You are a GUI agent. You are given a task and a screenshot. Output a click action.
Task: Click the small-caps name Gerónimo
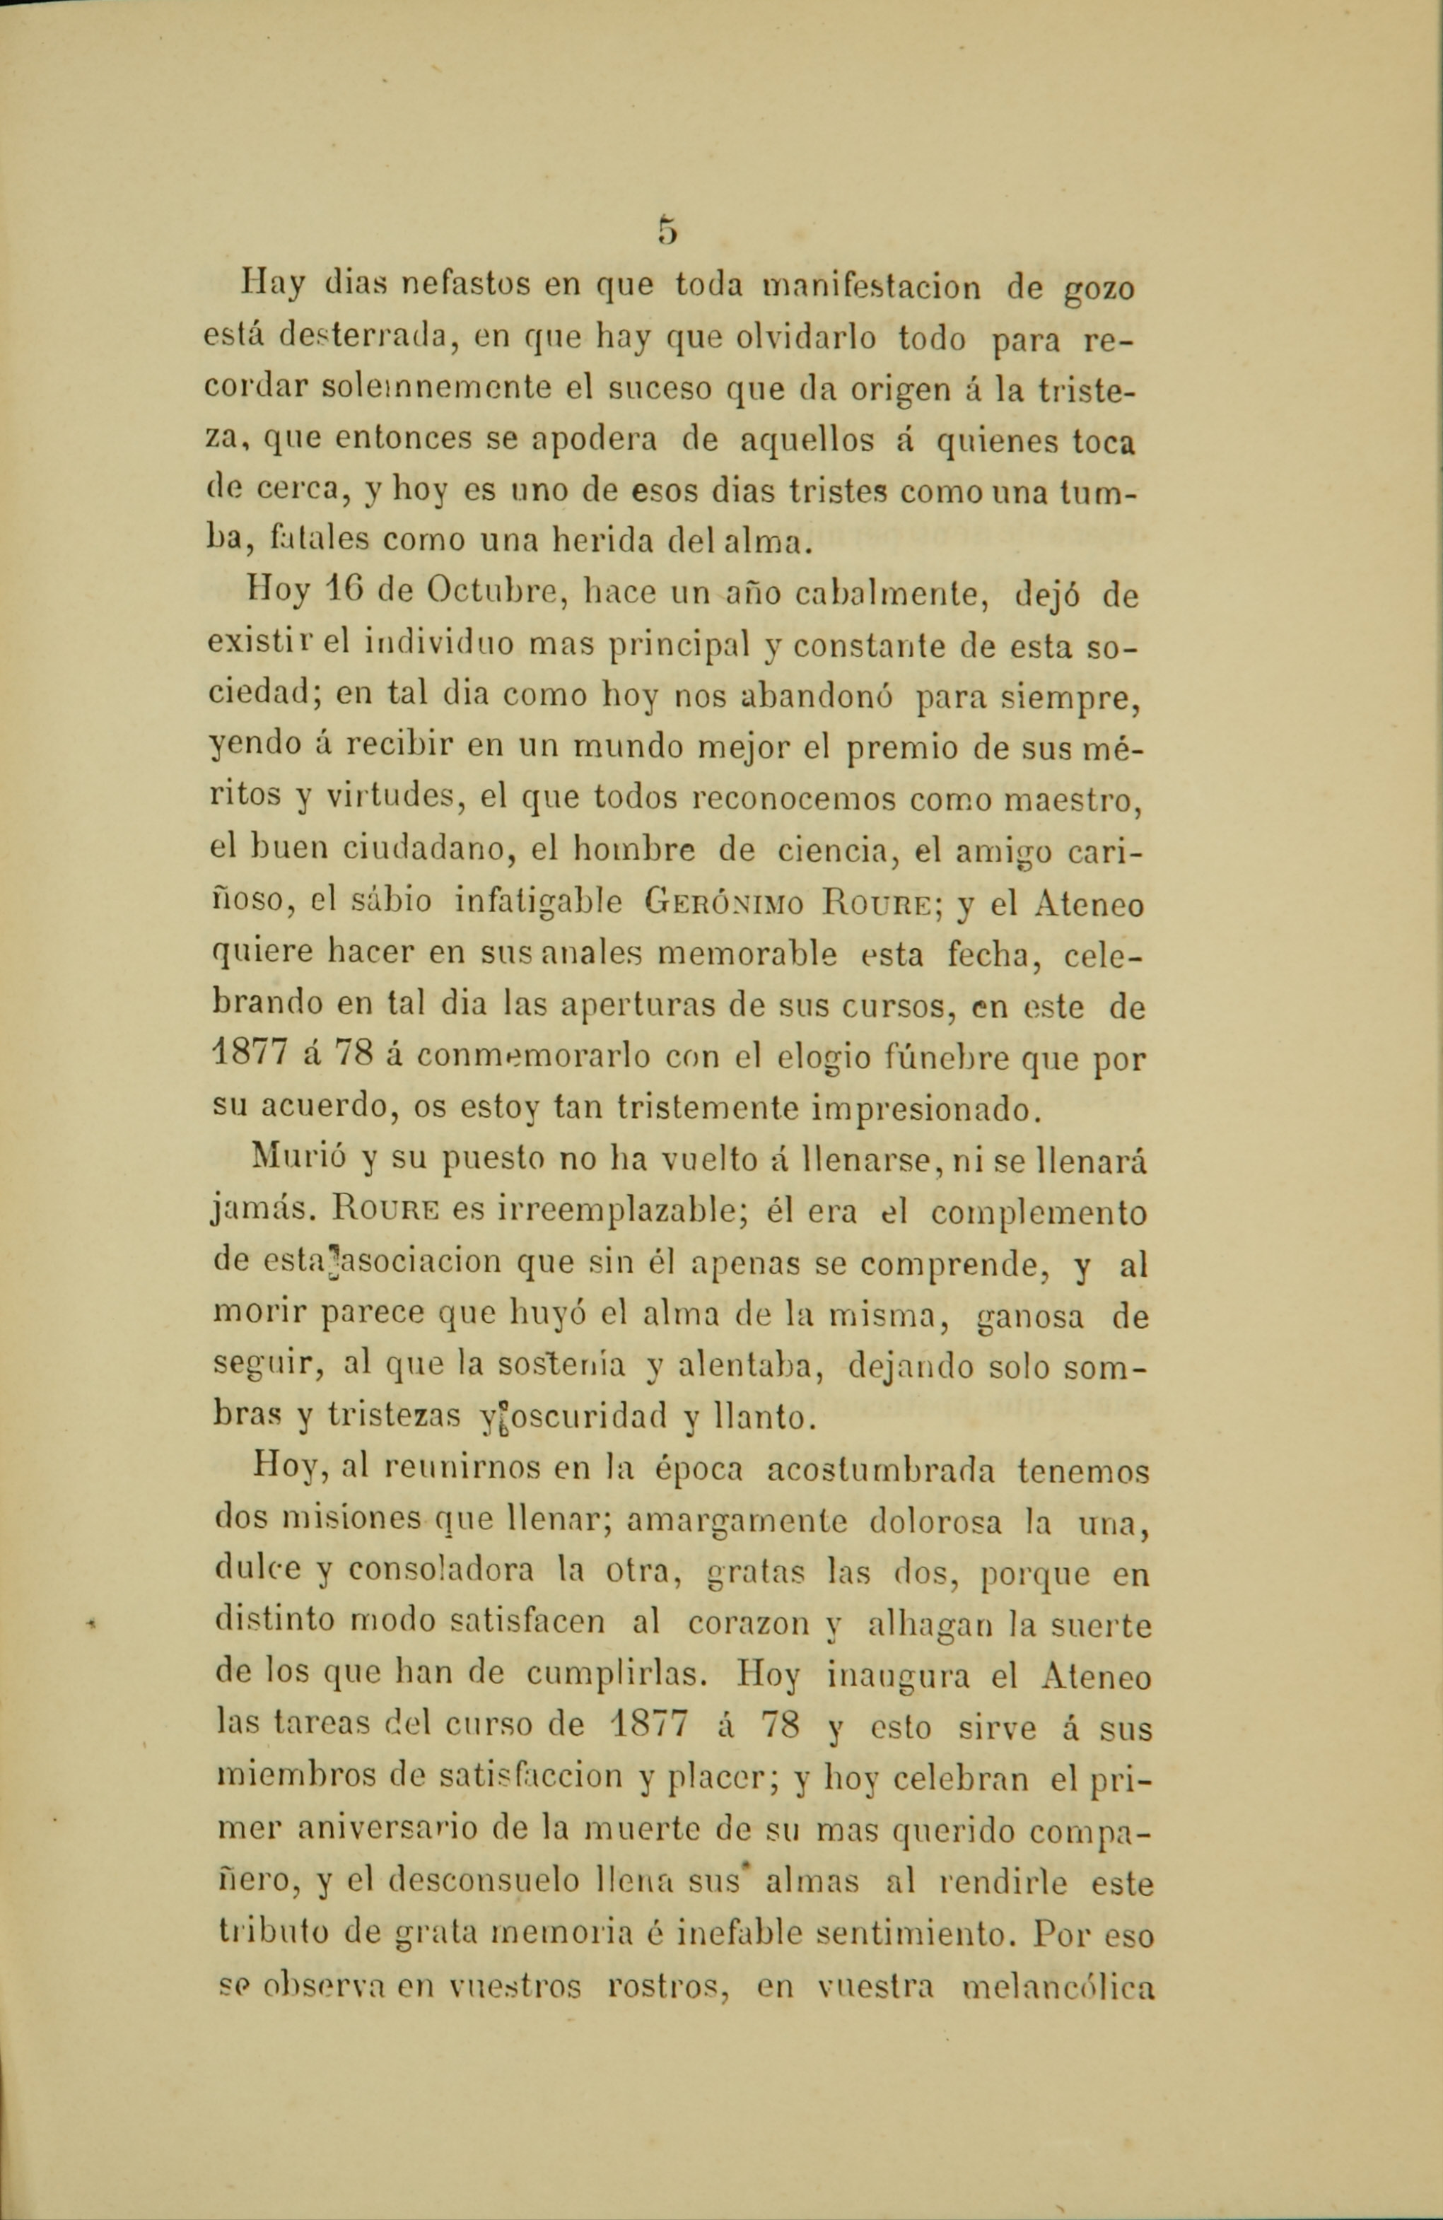(728, 904)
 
